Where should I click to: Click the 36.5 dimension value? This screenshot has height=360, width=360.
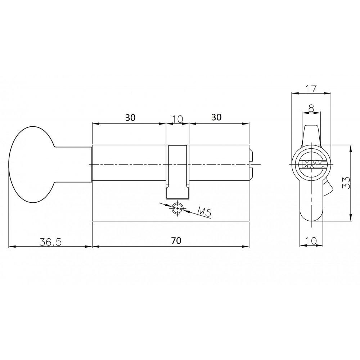point(50,242)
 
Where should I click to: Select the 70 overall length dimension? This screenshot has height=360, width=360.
point(176,240)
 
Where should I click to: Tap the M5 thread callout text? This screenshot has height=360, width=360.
point(204,212)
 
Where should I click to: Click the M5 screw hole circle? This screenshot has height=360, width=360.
point(177,208)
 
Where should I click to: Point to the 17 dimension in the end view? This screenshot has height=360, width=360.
point(311,89)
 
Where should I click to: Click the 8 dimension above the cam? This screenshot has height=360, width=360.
point(311,108)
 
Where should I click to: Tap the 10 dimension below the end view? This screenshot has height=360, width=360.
point(311,241)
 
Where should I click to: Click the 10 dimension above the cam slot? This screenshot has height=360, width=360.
point(177,119)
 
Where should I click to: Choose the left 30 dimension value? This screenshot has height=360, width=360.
point(130,118)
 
